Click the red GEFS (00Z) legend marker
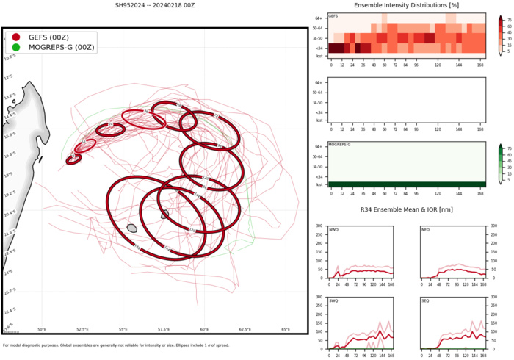point(16,37)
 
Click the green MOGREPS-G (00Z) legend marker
point(16,47)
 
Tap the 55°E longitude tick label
point(123,330)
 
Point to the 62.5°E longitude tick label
point(245,330)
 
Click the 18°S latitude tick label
point(10,175)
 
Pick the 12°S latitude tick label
point(9,76)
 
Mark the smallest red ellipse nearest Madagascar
point(73,159)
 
